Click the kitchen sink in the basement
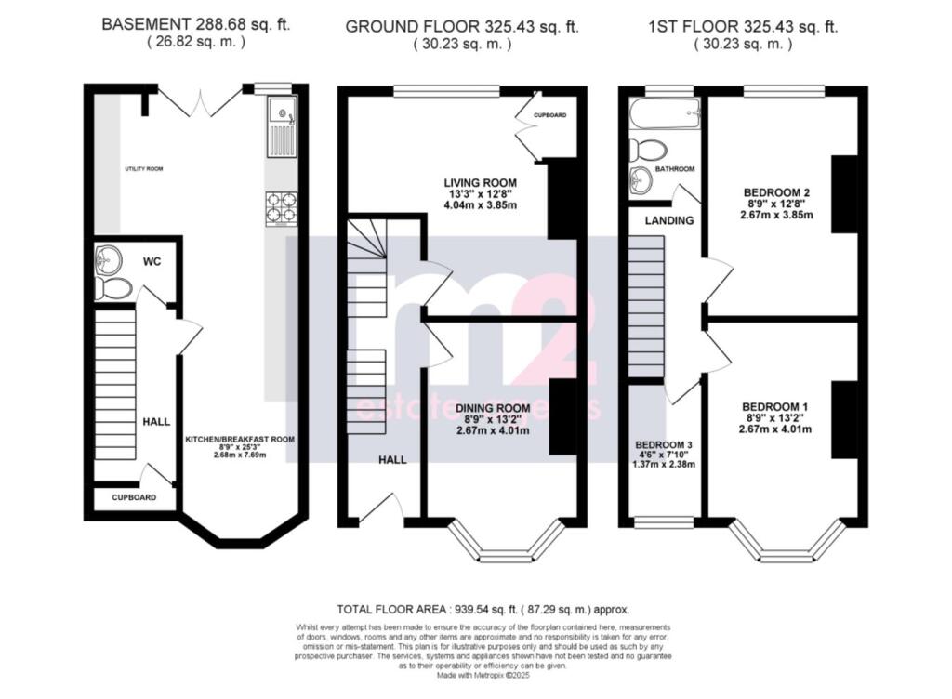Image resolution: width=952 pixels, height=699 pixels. tap(281, 127)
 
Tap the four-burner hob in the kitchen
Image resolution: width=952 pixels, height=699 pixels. tap(282, 207)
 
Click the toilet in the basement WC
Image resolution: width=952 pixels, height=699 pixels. tap(113, 288)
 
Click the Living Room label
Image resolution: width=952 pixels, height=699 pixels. tap(480, 182)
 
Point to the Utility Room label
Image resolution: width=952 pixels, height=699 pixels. tap(144, 169)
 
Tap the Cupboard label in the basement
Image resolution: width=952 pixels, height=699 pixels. tap(133, 497)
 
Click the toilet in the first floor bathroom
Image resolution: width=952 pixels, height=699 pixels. tap(647, 150)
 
